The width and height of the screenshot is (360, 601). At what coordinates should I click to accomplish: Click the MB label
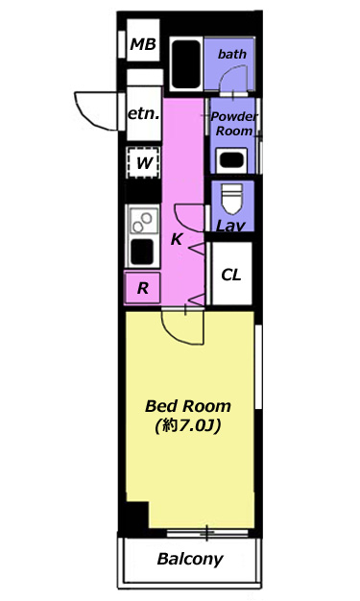(x=143, y=44)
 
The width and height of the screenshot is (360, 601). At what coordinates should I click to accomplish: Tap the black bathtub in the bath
(x=186, y=64)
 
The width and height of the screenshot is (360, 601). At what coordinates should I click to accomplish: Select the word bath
(x=232, y=54)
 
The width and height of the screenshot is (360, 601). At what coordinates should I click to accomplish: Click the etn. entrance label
(x=143, y=114)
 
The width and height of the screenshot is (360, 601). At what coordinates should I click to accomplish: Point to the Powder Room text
(x=234, y=124)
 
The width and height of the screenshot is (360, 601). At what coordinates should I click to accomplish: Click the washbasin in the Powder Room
(x=231, y=160)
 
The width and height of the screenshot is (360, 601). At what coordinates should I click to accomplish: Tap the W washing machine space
(x=144, y=162)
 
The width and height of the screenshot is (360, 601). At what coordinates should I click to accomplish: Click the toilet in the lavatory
(x=232, y=198)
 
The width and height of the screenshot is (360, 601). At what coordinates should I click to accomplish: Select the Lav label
(x=230, y=226)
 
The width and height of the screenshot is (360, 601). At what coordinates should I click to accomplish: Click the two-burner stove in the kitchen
(x=143, y=221)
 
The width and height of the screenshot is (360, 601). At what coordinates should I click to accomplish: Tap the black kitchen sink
(x=142, y=252)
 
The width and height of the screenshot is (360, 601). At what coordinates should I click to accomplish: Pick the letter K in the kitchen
(x=177, y=239)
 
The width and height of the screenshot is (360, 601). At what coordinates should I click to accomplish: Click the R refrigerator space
(x=142, y=287)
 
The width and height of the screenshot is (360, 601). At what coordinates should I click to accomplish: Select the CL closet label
(x=231, y=275)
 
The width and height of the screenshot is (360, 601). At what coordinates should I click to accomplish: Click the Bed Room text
(x=188, y=406)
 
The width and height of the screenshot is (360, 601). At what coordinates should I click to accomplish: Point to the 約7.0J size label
(x=188, y=425)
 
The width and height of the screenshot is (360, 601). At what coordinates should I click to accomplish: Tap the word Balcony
(x=190, y=559)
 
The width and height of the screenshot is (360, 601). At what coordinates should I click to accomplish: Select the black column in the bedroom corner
(x=137, y=515)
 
